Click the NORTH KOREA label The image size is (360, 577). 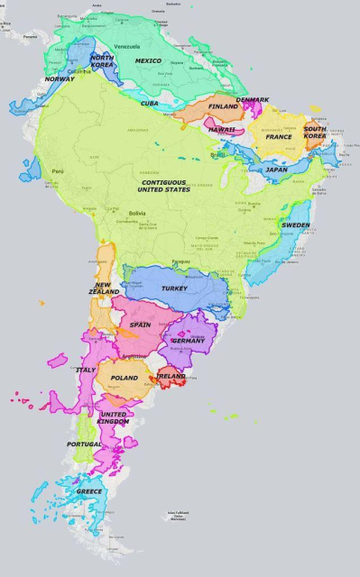coord(102,61)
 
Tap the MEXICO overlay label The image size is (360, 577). coord(148,61)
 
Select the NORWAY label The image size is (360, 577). coord(60,79)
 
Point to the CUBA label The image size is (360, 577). coord(150,104)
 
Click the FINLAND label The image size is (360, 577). coord(223,106)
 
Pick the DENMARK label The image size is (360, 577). coord(253,100)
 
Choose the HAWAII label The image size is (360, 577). coord(221,130)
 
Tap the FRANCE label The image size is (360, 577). coord(279,137)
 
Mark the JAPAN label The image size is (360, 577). coord(276,169)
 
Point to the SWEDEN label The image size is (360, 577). coord(295,225)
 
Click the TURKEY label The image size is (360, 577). coord(174,288)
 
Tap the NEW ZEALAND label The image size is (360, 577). coord(104,288)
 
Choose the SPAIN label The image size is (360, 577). coord(140,325)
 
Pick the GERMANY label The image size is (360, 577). coord(188,341)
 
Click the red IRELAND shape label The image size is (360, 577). coord(171,376)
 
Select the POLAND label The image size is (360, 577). coord(125,378)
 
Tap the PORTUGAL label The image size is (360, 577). coord(84,444)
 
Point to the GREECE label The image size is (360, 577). coord(89,491)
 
